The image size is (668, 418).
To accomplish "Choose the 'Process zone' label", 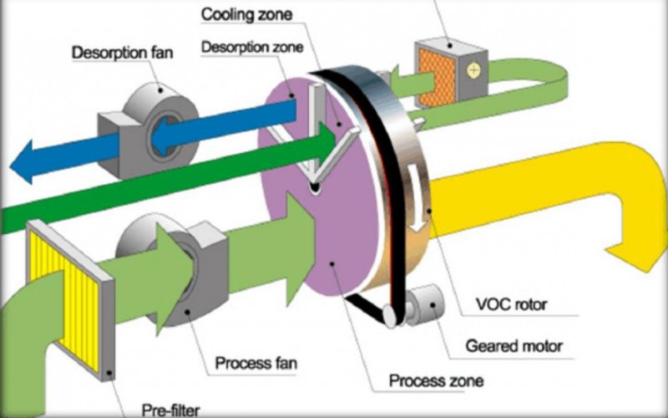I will click(436, 382).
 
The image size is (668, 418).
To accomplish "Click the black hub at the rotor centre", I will click(313, 190).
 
